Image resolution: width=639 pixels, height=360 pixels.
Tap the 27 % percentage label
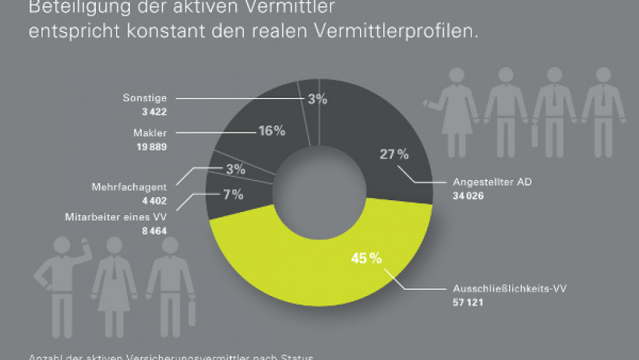pyautogui.click(x=394, y=154)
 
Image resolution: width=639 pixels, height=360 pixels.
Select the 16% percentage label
pyautogui.click(x=271, y=131)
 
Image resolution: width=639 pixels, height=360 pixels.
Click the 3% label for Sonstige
pyautogui.click(x=316, y=99)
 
